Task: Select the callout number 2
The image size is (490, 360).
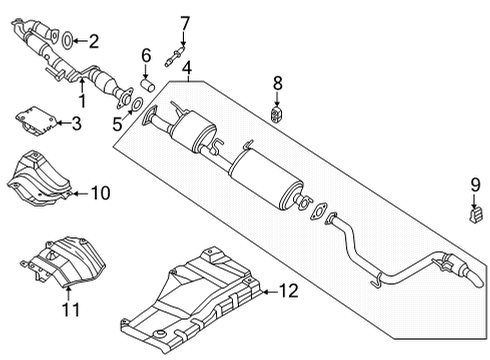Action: coord(94,42)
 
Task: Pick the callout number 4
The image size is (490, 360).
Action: coord(146,56)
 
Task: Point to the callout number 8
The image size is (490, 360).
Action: coord(279,83)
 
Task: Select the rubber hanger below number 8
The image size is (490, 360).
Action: coord(279,116)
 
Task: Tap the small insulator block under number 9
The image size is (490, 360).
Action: coord(475,213)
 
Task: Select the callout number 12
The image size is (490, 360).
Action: coord(289,292)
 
